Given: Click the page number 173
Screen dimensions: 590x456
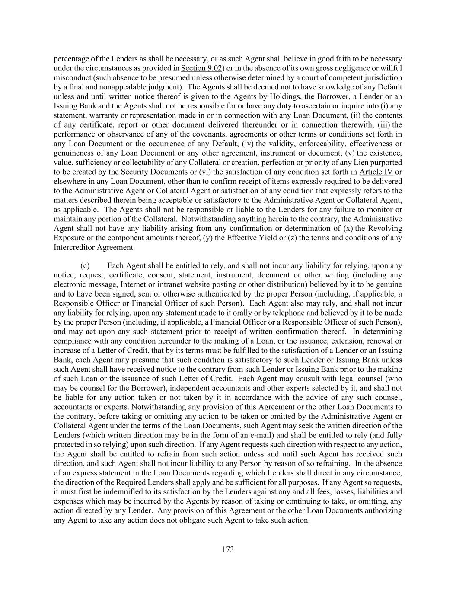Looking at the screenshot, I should pyautogui.click(x=228, y=549).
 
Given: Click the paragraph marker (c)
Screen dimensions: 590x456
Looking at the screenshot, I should pyautogui.click(x=85, y=266).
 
